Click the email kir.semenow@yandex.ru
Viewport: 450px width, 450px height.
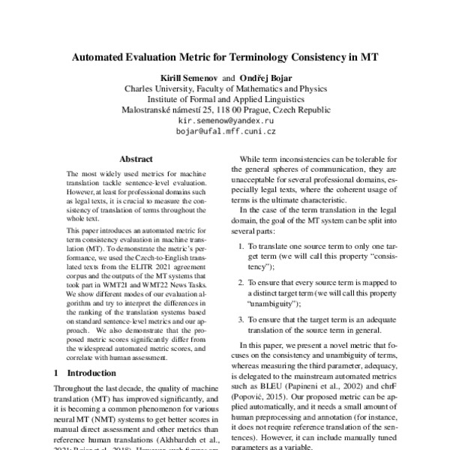(x=226, y=120)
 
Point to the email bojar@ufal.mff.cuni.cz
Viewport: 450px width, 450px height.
(x=226, y=131)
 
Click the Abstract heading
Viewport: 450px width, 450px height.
(x=136, y=159)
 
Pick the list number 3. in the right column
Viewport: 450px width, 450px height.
(x=241, y=319)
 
